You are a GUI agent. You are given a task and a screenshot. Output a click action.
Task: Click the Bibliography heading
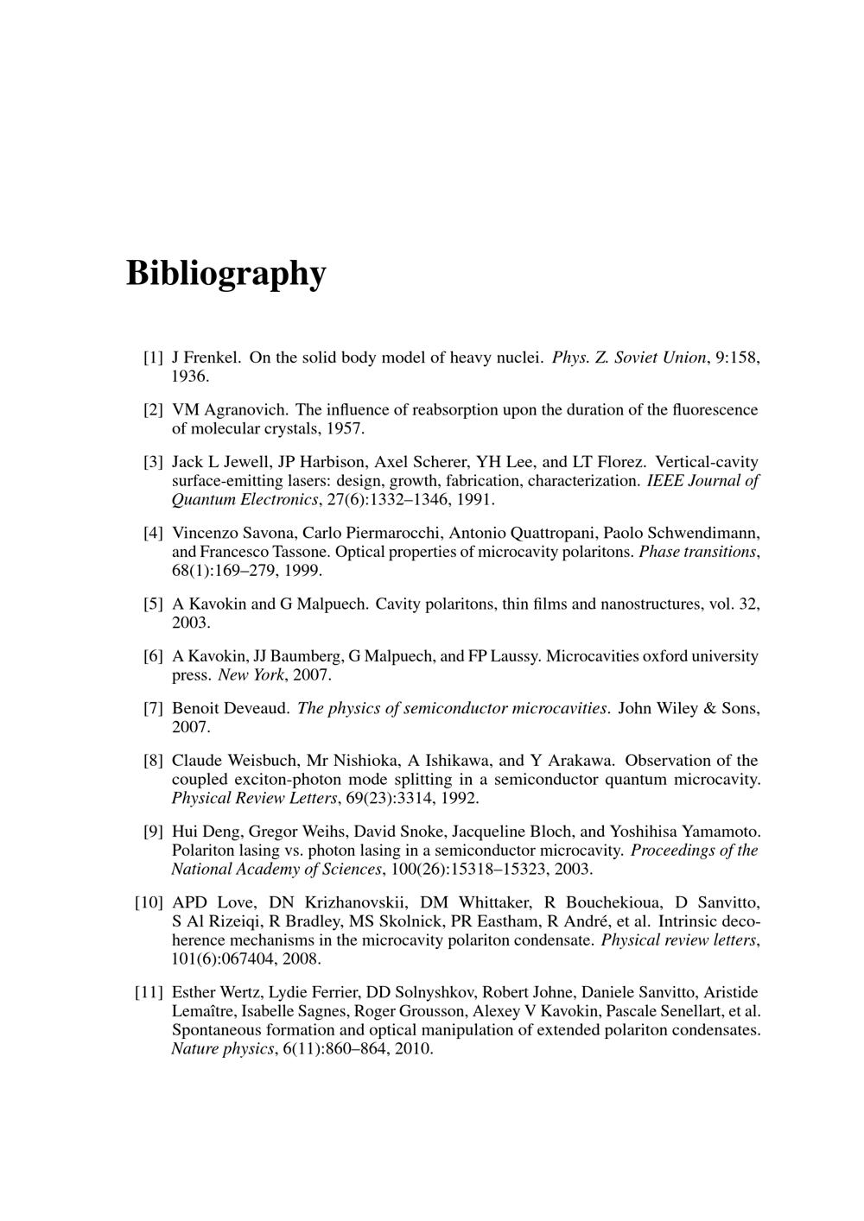[226, 273]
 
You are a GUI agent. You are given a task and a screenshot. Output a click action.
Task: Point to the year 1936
[189, 376]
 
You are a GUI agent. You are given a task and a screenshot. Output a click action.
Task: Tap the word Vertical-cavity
[708, 463]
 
